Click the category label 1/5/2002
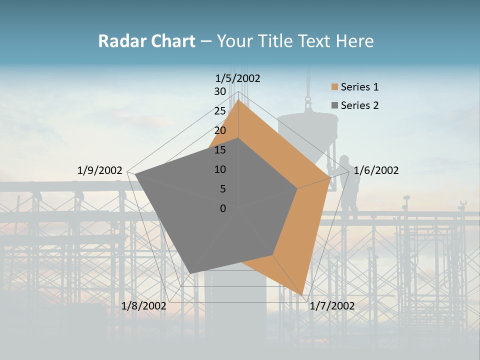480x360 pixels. pos(238,78)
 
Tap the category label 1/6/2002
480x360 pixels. pos(376,170)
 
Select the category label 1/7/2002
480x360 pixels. pos(332,306)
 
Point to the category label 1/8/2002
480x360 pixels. pos(144,306)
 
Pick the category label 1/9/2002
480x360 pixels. pos(99,170)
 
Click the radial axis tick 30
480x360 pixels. pos(220,91)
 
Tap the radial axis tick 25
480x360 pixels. pos(220,111)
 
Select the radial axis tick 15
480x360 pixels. pos(220,150)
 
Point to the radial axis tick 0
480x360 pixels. pos(223,208)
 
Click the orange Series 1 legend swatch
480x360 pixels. pos(334,87)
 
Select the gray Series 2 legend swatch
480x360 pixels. pos(334,105)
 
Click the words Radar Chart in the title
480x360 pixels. pos(146,41)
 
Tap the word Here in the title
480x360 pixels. pos(354,41)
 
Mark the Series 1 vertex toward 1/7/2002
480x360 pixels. pos(302,294)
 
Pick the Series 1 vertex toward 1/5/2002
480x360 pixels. pos(238,100)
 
